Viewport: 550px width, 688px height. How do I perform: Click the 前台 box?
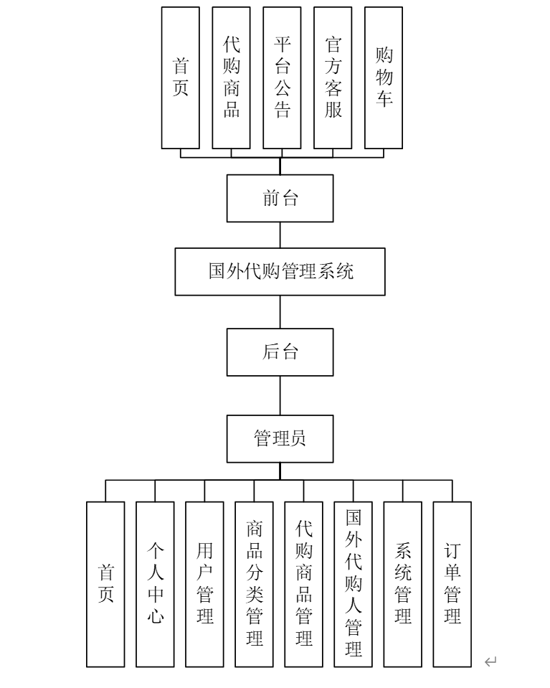coord(280,198)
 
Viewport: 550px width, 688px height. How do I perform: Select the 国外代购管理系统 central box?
coord(280,271)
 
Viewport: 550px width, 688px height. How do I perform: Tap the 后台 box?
coord(280,352)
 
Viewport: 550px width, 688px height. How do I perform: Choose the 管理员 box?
coord(280,438)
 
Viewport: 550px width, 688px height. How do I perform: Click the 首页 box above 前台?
coord(181,77)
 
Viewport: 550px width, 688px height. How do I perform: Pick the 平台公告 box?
coord(282,77)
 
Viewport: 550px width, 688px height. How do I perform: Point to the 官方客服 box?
coord(333,77)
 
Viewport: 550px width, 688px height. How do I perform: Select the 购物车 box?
coord(384,77)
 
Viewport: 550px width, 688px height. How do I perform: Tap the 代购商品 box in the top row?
coord(231,77)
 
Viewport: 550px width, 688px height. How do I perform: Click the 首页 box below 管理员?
coord(105,584)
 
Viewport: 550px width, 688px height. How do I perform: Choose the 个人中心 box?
coord(155,584)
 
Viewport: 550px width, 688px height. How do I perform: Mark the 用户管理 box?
coord(204,584)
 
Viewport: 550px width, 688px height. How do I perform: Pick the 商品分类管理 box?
coord(254,584)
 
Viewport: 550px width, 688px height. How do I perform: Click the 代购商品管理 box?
coord(303,584)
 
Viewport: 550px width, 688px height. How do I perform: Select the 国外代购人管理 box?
coord(353,584)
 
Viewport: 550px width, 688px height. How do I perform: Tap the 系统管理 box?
coord(402,584)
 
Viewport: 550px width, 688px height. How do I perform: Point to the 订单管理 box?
coord(452,584)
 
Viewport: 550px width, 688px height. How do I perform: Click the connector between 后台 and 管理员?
coord(280,395)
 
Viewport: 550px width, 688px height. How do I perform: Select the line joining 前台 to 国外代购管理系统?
coord(280,235)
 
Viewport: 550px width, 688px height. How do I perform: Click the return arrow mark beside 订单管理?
coord(490,661)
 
